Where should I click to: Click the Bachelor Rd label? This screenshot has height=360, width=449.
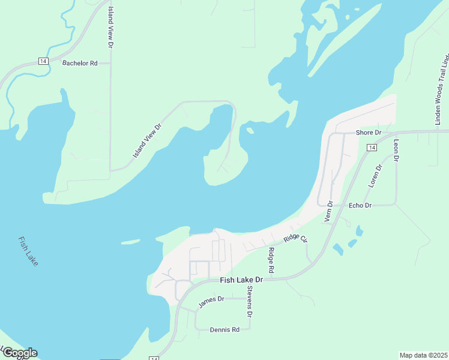80,63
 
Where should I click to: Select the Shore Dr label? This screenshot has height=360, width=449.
369,133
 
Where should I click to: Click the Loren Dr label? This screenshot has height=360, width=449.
375,176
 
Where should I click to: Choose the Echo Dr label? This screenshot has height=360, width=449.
360,205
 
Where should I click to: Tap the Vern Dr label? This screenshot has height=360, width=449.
328,212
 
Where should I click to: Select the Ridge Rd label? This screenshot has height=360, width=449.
271,261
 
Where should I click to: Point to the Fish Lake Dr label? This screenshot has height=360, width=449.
241,280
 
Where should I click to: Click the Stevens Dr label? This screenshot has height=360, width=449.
250,302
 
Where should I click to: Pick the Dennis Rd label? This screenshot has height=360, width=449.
224,329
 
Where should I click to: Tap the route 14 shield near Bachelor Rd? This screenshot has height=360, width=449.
43,61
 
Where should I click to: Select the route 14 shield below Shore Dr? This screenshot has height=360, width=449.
372,148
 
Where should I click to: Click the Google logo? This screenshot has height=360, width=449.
19,353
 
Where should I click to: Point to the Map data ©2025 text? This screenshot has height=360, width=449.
423,355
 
